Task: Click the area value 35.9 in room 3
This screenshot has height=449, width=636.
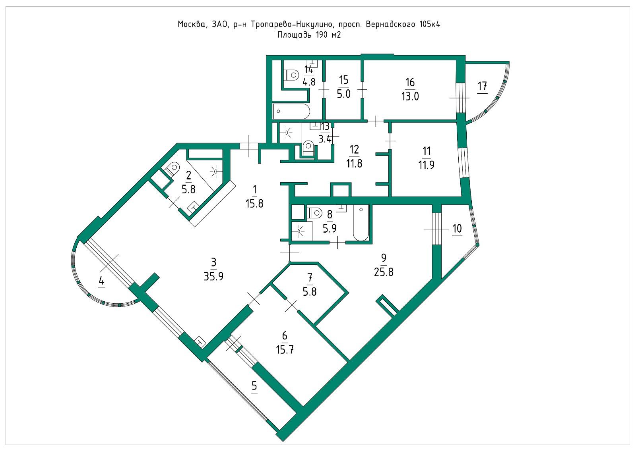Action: tap(213, 276)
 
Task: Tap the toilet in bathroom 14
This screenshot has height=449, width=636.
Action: tap(292, 75)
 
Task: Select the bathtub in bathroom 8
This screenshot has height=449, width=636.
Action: tap(361, 223)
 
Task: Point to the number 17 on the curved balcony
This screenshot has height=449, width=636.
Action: tap(483, 86)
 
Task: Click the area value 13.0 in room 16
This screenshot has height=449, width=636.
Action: tap(410, 96)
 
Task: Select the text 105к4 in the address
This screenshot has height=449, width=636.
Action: tap(430, 24)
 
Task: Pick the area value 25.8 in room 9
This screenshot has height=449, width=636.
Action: tap(384, 272)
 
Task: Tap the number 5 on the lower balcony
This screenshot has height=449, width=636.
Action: tap(254, 386)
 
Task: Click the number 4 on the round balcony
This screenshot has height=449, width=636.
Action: tap(101, 281)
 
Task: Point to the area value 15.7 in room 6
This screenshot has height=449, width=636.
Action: tap(285, 350)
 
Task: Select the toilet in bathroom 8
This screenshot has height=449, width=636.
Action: tap(314, 212)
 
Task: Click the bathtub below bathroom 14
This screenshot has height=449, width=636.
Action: tap(291, 111)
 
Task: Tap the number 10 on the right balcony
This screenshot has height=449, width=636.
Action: tap(457, 228)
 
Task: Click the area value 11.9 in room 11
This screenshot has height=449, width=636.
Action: tap(426, 165)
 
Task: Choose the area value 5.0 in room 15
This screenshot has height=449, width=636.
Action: tap(343, 94)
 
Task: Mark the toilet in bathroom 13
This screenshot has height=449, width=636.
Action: tap(308, 148)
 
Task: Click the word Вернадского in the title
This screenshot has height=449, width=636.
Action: tap(390, 24)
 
